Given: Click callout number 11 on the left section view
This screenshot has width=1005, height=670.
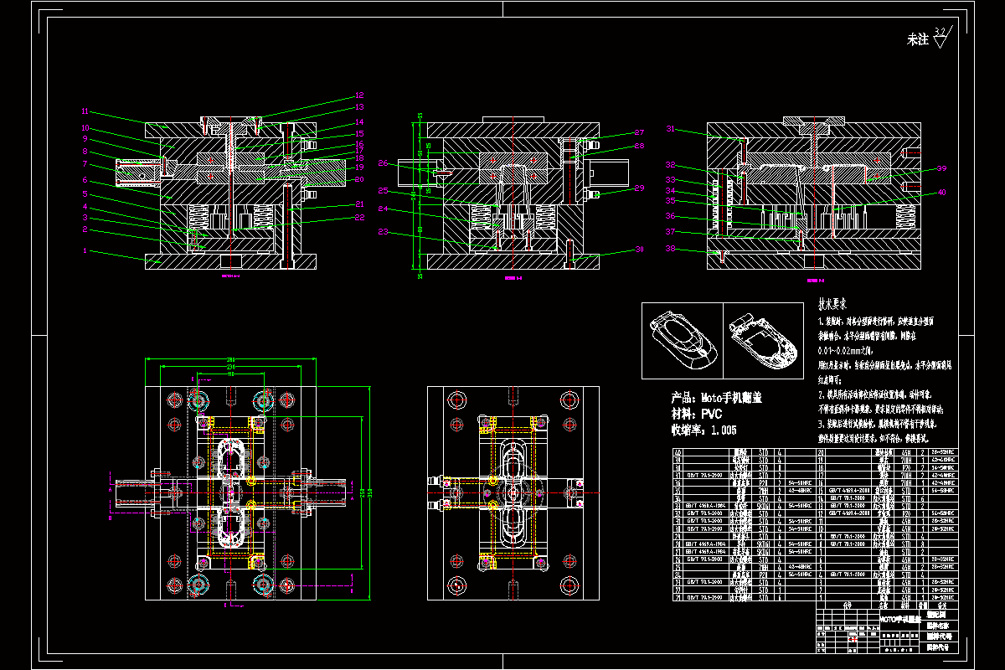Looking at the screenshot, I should point(85,111).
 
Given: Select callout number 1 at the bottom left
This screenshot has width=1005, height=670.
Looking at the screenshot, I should point(85,250).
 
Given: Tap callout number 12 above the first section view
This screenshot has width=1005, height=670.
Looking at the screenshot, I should point(359,95).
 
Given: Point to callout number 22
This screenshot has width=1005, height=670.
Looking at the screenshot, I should point(359,219).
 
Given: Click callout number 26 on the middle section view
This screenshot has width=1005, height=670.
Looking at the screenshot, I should point(383,163).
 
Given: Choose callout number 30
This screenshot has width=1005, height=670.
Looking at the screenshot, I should point(639,250).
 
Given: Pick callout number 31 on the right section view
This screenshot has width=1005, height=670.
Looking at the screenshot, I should point(670,129).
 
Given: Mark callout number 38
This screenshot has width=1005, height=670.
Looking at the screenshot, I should point(670,248).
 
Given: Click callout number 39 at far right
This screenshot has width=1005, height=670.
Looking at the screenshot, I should point(941,168).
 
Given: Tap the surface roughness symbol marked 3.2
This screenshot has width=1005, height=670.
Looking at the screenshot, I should point(939,34).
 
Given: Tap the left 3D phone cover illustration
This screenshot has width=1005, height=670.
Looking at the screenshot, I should point(680,339).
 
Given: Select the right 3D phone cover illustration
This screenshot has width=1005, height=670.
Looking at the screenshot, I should point(762,339).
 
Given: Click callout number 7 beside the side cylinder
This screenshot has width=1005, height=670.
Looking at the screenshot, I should point(85,165).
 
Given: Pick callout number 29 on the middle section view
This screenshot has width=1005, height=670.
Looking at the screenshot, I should point(639,188).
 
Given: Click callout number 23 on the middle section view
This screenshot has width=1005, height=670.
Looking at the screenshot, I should point(383,232).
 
